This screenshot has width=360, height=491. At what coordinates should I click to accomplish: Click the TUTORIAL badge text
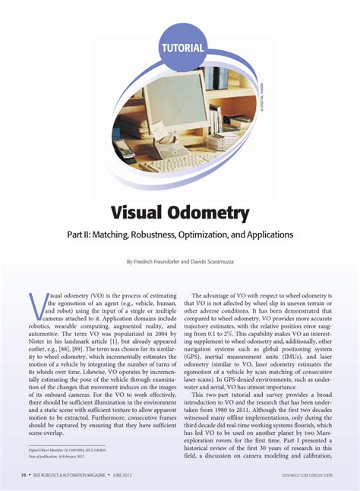coord(183,47)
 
